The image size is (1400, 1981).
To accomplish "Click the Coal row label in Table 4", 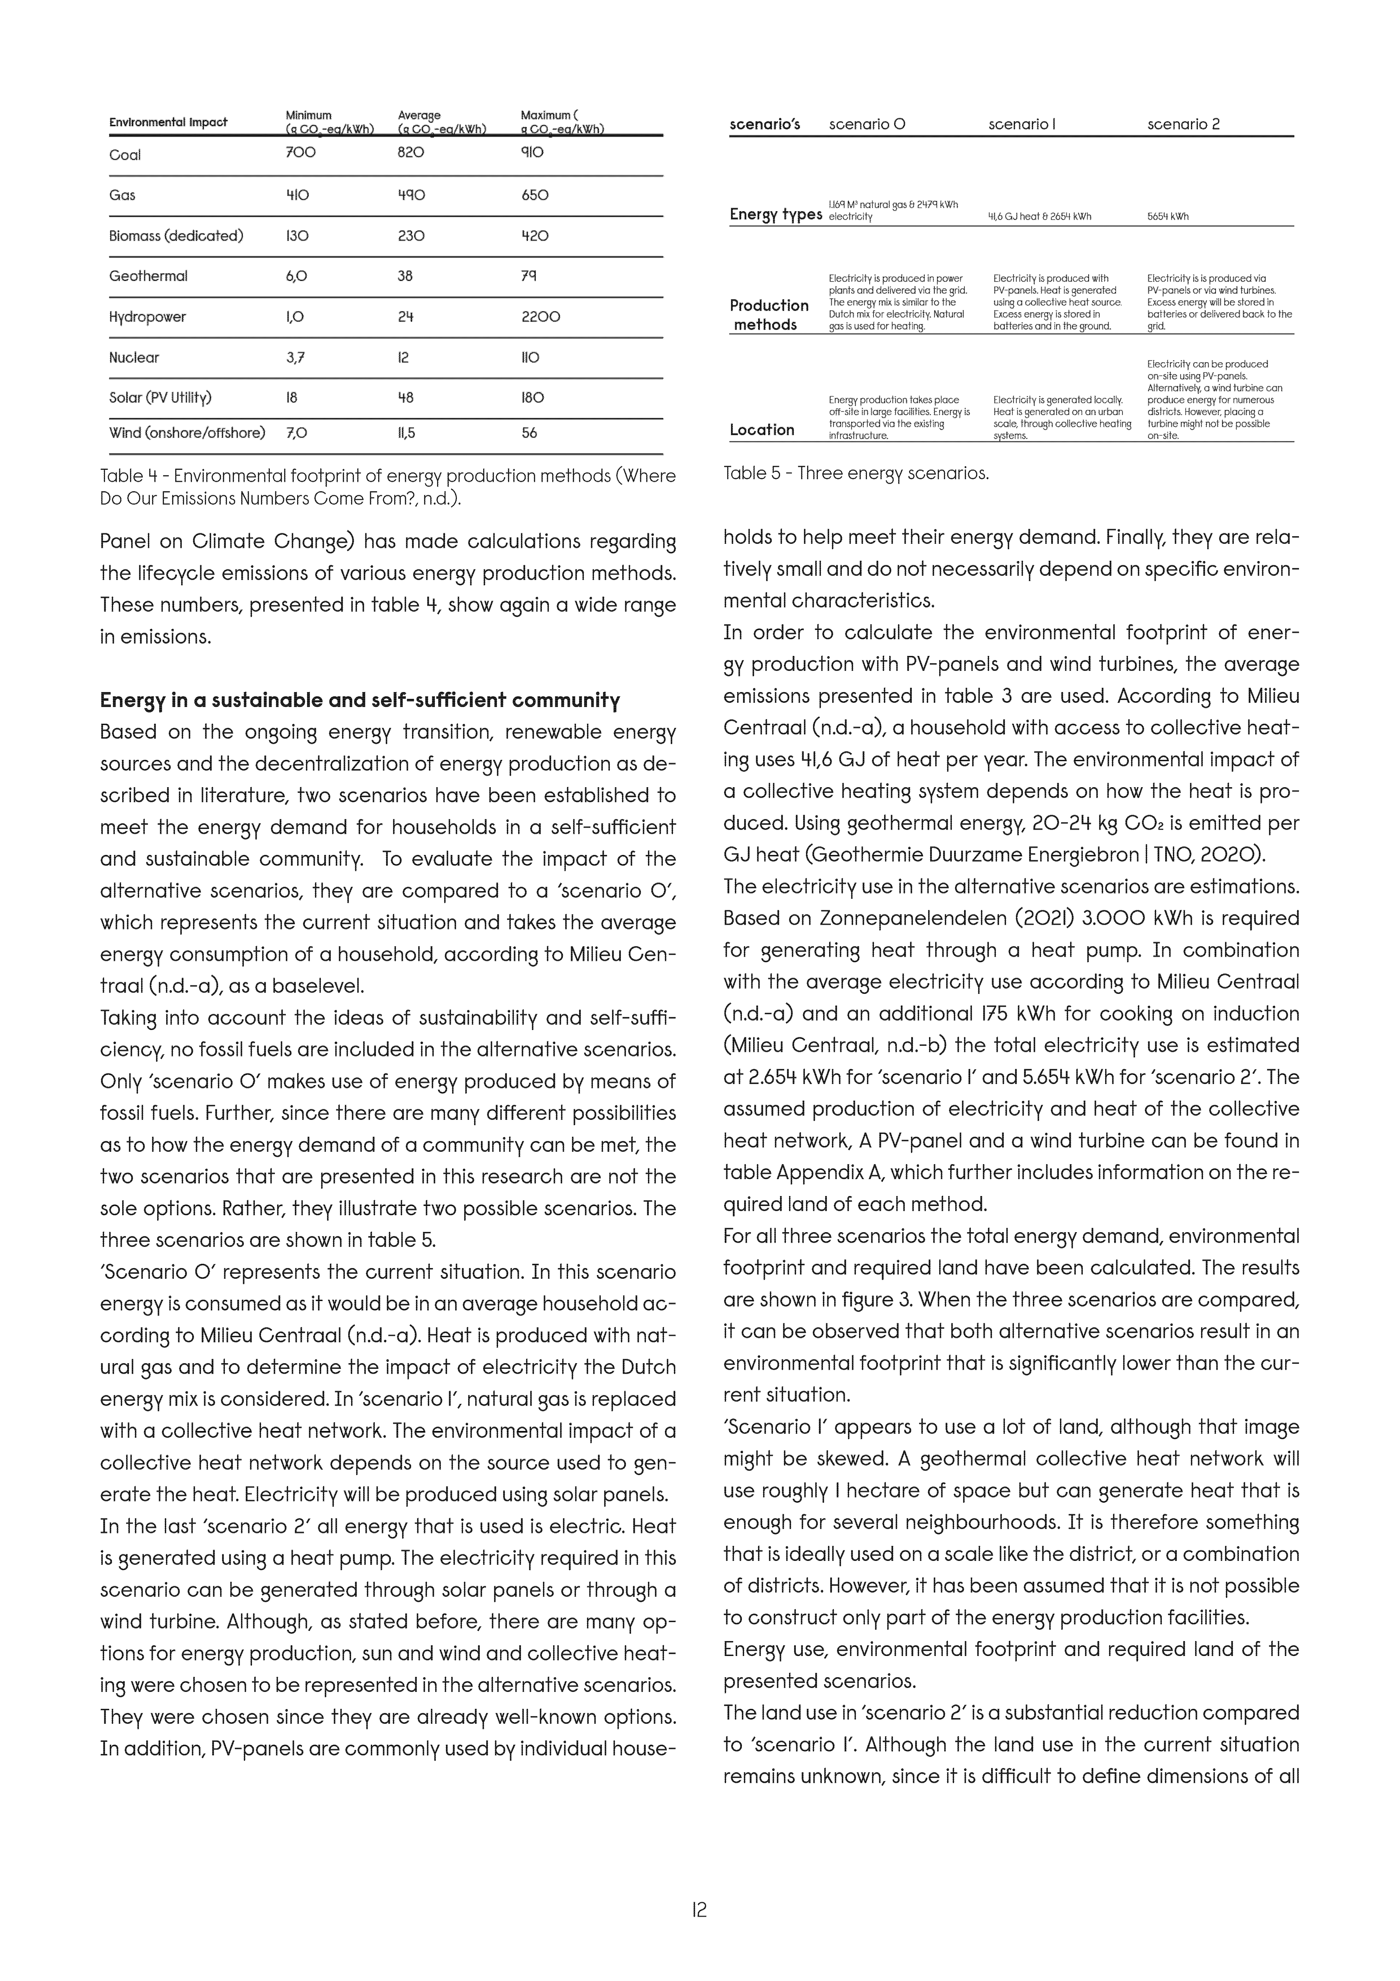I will pyautogui.click(x=125, y=155).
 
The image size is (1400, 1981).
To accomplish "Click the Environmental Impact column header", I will pyautogui.click(x=168, y=123).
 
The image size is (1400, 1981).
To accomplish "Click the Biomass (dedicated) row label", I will pyautogui.click(x=176, y=236).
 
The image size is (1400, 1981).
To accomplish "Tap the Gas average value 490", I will pyautogui.click(x=412, y=195).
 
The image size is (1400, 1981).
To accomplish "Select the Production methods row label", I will pyautogui.click(x=769, y=315).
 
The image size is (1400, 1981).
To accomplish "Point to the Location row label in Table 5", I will pyautogui.click(x=762, y=430).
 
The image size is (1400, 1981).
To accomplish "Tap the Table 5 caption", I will pyautogui.click(x=856, y=474).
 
